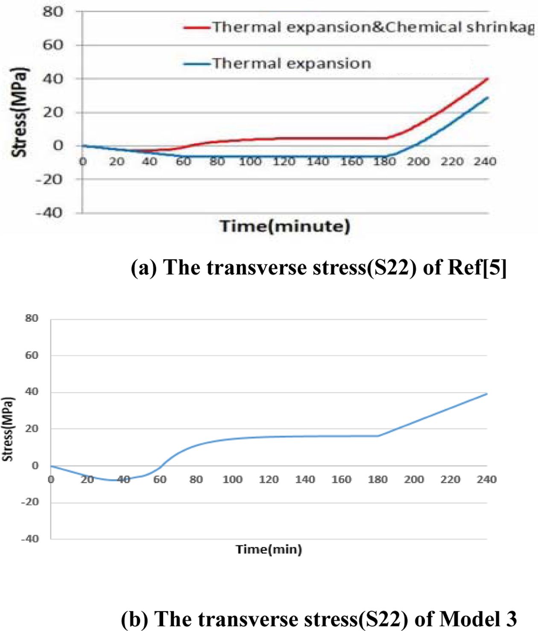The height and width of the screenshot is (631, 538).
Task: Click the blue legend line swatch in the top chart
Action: click(x=196, y=64)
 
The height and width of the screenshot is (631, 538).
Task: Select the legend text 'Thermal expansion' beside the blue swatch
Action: click(x=292, y=64)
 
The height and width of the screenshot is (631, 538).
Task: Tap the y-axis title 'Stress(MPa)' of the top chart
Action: click(x=20, y=112)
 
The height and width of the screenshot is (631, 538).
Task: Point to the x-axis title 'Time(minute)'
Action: click(x=285, y=226)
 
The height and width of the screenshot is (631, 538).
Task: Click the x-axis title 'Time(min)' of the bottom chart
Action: click(x=269, y=549)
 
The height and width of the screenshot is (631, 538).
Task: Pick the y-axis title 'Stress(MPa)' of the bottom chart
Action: click(x=8, y=429)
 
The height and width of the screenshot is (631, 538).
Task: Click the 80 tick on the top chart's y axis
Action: click(x=53, y=12)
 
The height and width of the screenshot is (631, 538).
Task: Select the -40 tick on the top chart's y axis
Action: click(x=49, y=212)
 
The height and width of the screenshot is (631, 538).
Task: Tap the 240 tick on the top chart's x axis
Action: click(x=485, y=162)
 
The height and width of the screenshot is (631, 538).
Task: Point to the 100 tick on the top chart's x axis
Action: click(x=250, y=162)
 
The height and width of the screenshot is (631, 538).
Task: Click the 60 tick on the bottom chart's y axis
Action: click(x=32, y=355)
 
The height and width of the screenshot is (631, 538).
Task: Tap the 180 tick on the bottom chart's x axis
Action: click(x=378, y=480)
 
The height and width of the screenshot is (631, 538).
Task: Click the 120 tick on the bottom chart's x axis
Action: click(x=269, y=480)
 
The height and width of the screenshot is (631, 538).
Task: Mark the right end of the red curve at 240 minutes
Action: click(x=488, y=79)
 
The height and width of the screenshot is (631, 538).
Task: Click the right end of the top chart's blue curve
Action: click(x=488, y=98)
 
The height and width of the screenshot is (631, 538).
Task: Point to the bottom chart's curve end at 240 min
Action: click(x=487, y=393)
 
